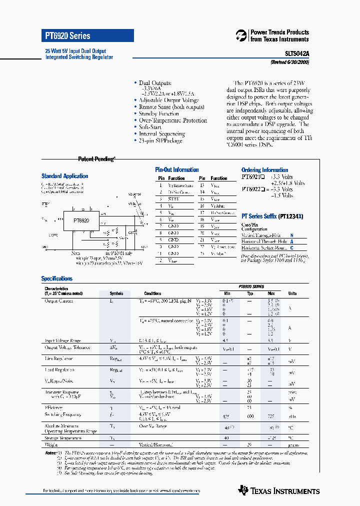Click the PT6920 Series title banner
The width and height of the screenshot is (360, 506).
click(87, 36)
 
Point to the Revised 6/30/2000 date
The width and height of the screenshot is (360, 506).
click(289, 62)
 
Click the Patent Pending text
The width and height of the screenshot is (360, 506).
click(96, 159)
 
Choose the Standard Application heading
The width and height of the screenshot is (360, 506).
click(64, 176)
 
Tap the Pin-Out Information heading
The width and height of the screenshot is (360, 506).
click(176, 170)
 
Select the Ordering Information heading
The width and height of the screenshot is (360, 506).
click(264, 170)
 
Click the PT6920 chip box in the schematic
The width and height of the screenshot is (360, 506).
click(81, 220)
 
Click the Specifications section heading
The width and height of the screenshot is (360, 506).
click(56, 278)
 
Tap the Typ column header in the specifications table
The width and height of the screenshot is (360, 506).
click(250, 293)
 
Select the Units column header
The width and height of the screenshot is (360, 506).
click(292, 293)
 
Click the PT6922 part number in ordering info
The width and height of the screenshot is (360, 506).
click(253, 189)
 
